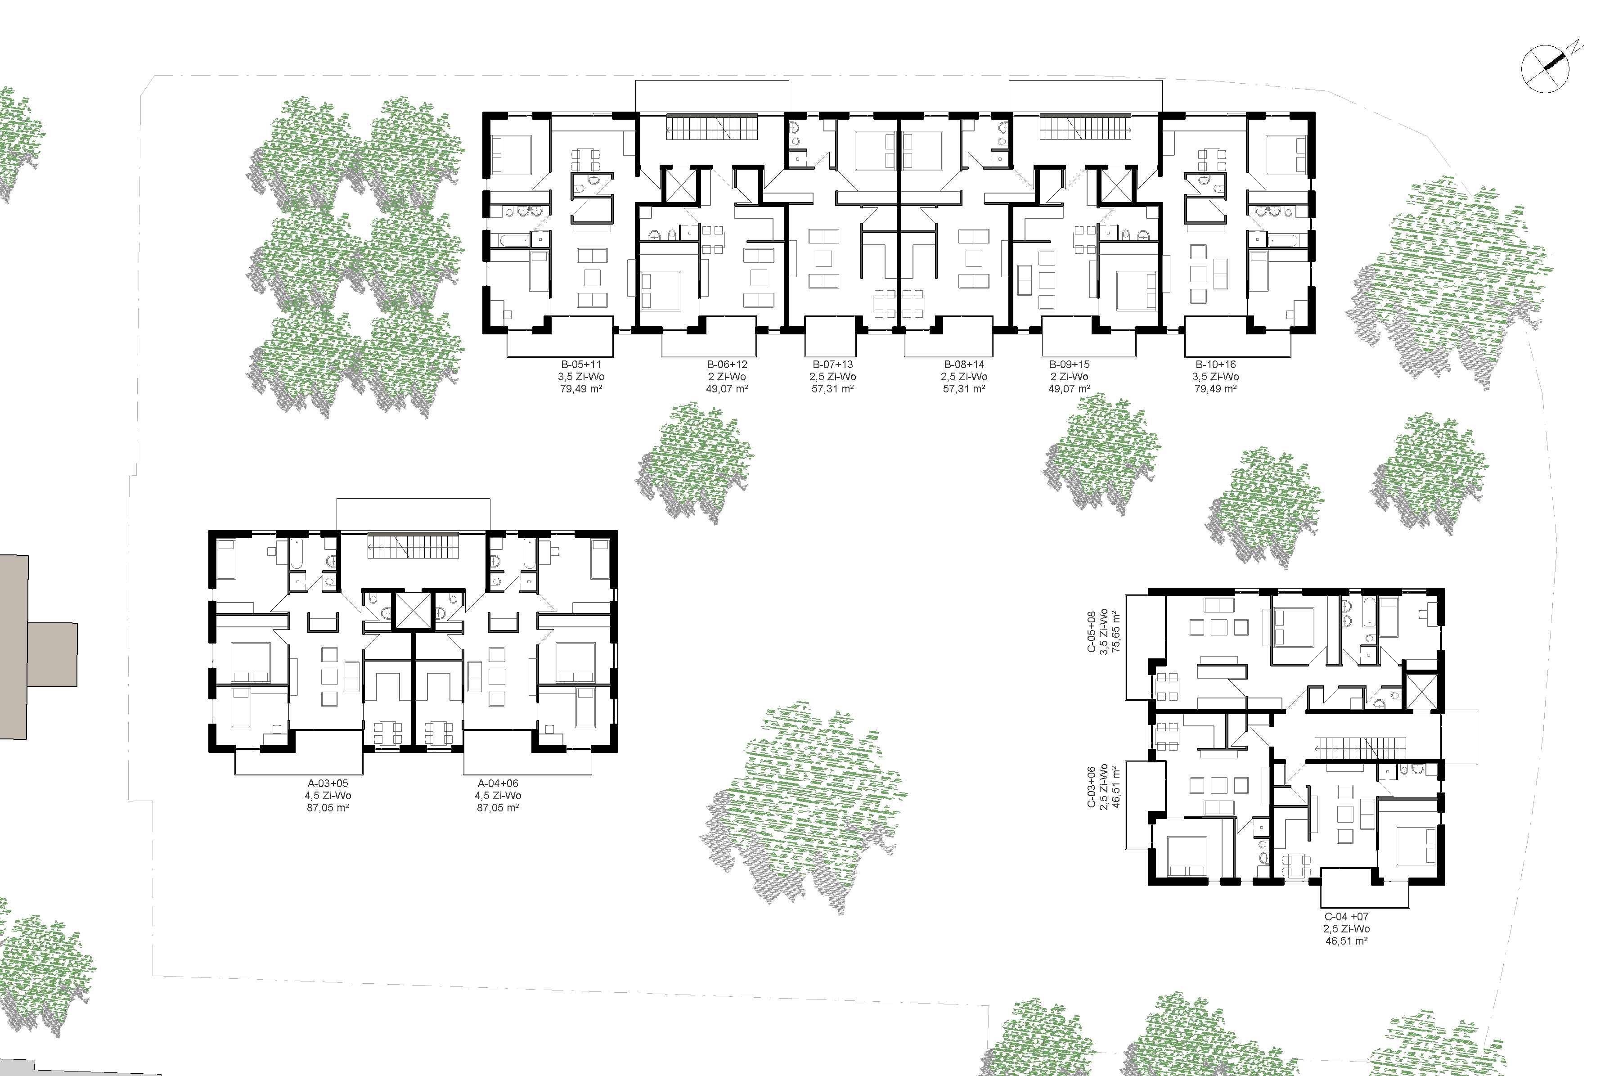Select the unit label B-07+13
pyautogui.click(x=833, y=365)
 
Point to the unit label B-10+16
pyautogui.click(x=1215, y=365)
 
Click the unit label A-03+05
pyautogui.click(x=332, y=783)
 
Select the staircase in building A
pyautogui.click(x=412, y=547)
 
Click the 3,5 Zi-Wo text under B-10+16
pyautogui.click(x=1215, y=377)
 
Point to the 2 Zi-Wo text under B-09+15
pyautogui.click(x=1070, y=377)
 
